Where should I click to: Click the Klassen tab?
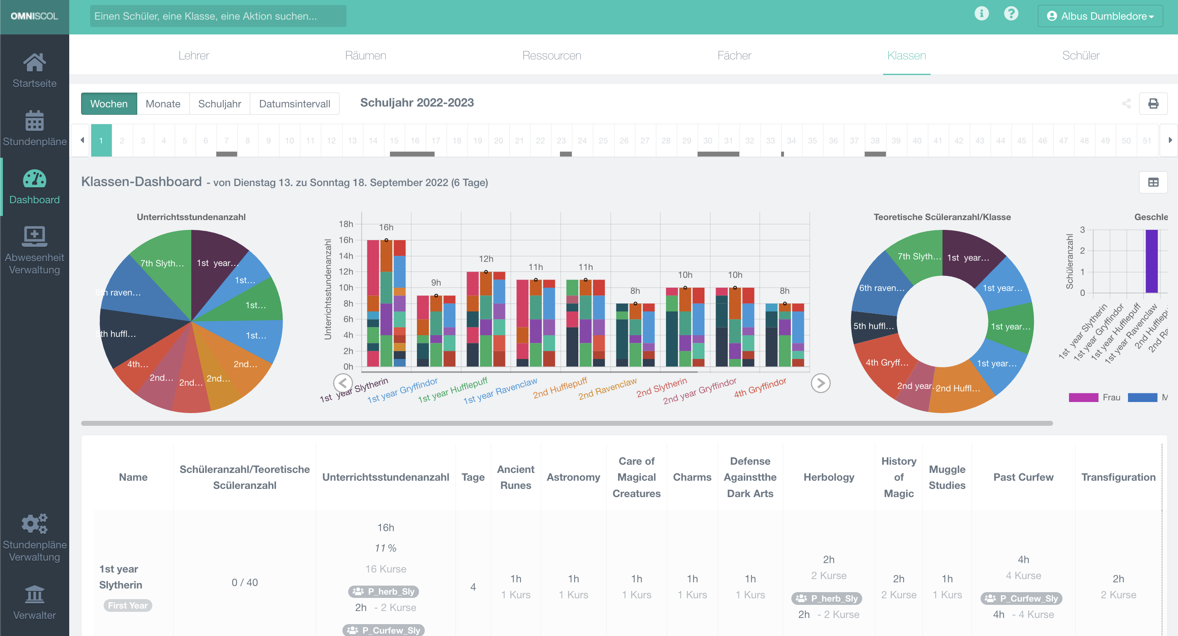coord(906,55)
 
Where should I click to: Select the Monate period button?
coord(163,104)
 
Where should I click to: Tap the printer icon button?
coord(1153,103)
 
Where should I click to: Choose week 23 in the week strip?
coord(561,141)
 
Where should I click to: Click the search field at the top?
coord(217,16)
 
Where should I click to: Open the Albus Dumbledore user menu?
coord(1100,16)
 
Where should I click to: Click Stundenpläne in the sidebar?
coord(34,129)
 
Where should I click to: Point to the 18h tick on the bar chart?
coord(346,224)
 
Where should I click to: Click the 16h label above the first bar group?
coord(386,227)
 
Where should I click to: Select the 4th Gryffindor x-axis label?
coord(761,387)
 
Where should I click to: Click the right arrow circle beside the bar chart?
coord(820,383)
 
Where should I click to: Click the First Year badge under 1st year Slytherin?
coord(127,605)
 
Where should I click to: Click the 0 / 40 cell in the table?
coord(245,582)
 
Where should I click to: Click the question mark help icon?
coord(1010,14)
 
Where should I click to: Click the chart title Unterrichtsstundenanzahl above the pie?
coord(191,217)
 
